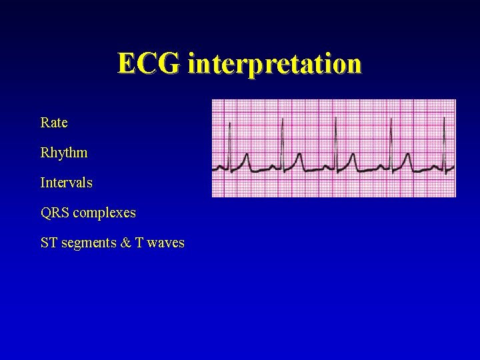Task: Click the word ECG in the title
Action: (x=149, y=64)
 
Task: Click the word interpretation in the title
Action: (x=275, y=65)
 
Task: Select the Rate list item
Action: (x=54, y=123)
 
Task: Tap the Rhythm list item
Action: (x=64, y=153)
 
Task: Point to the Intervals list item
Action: (x=67, y=183)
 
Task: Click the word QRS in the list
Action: (x=55, y=213)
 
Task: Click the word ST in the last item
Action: (x=49, y=243)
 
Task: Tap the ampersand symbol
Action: (x=125, y=243)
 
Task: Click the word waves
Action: (x=166, y=243)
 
